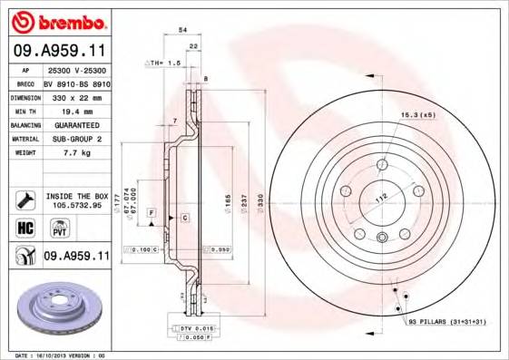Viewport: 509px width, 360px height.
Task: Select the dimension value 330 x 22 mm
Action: coord(74,95)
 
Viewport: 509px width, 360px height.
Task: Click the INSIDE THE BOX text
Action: coord(77,196)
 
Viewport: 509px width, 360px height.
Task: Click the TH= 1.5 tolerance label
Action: coord(164,63)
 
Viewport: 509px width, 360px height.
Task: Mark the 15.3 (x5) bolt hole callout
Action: coord(417,115)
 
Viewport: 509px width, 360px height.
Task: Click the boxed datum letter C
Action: coord(184,219)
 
